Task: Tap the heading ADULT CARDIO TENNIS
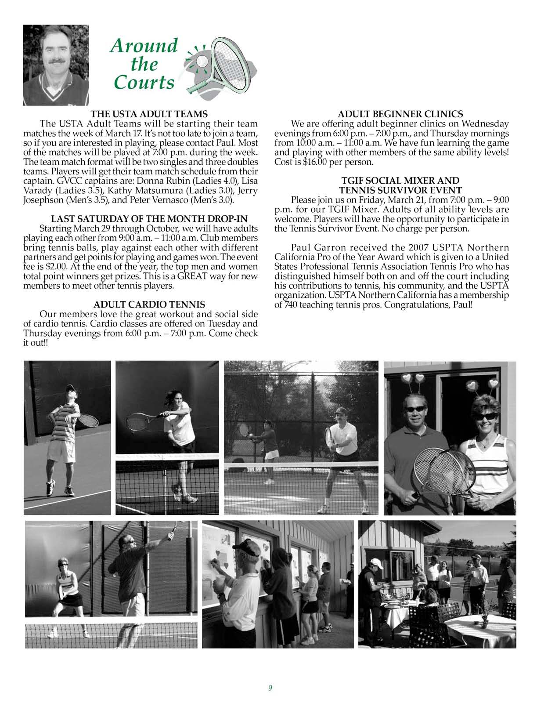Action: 149,304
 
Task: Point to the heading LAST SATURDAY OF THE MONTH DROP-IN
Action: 149,219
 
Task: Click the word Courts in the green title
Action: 144,83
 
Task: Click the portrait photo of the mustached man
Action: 56,65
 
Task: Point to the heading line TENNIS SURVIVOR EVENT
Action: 400,190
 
